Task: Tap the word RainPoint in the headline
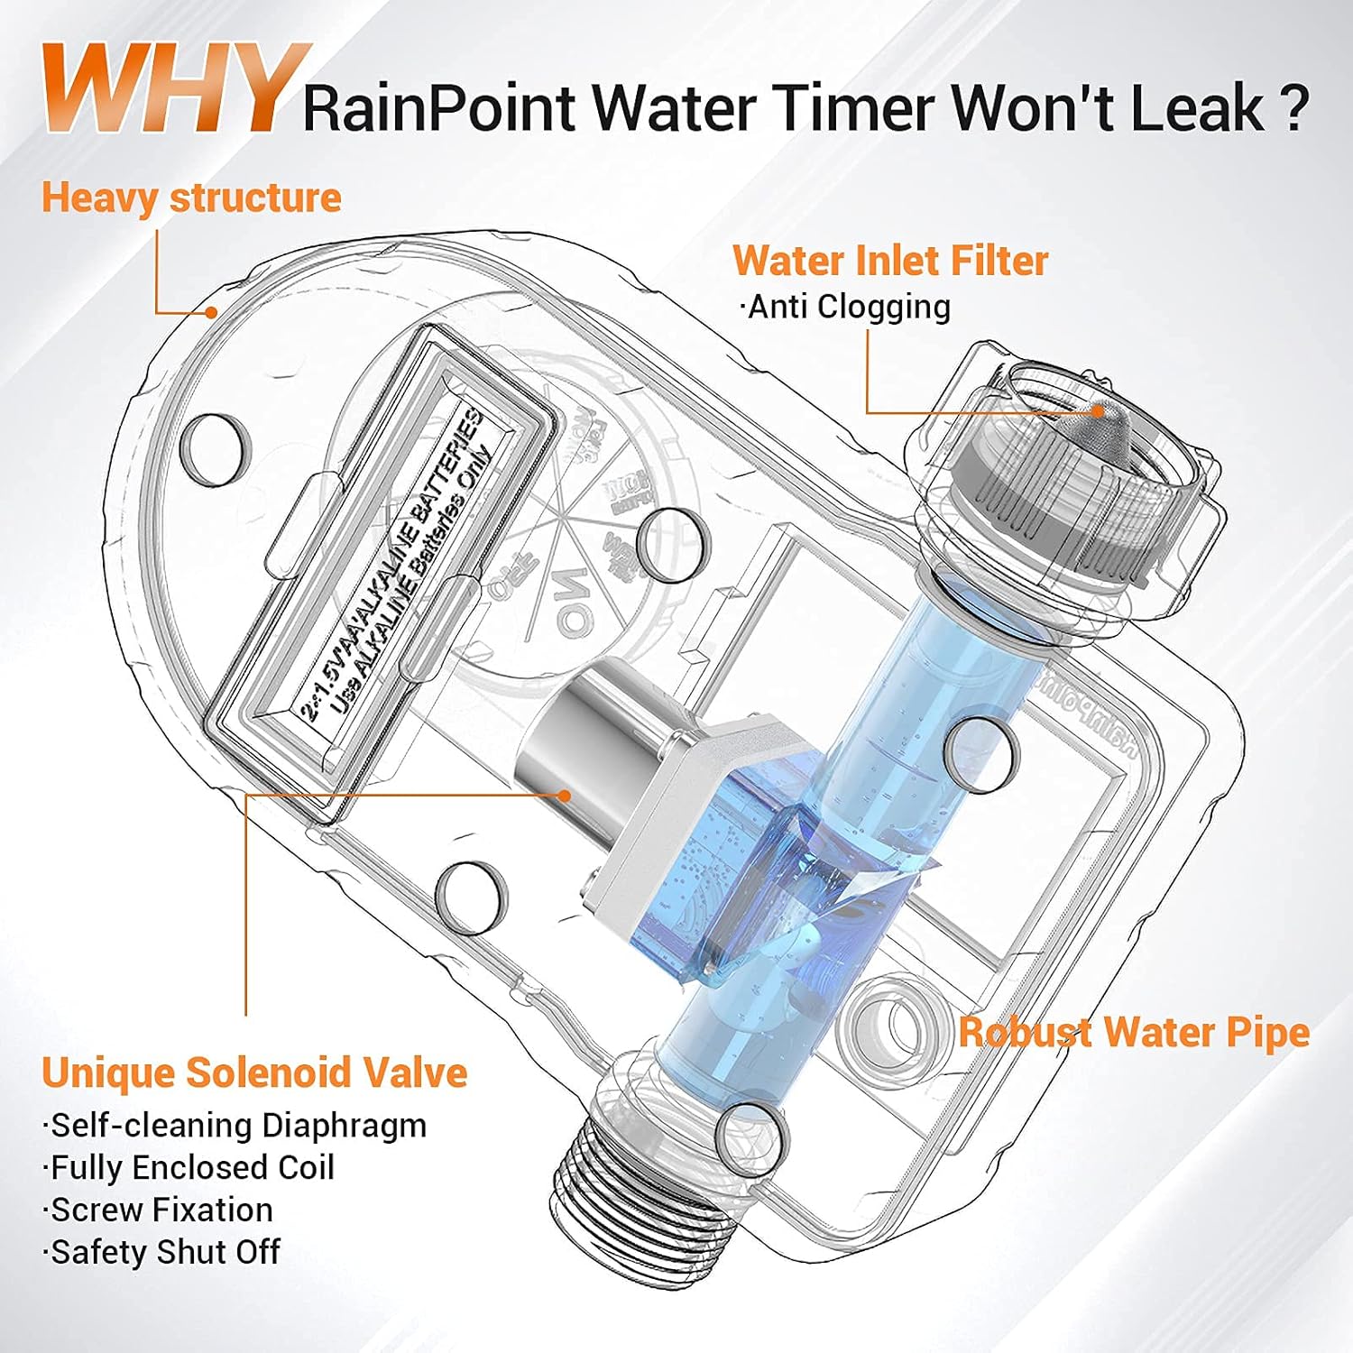coord(437,108)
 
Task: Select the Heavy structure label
coord(191,198)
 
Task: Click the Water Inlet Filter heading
coord(889,261)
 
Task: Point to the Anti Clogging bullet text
coord(846,307)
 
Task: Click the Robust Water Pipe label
coord(1133,1032)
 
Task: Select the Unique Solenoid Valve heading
coord(254,1072)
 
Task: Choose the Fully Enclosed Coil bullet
coord(189,1168)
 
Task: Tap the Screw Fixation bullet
coord(159,1210)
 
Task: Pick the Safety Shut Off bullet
coord(162,1253)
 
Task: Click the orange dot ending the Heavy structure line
coord(211,313)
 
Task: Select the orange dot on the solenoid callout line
coord(565,796)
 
